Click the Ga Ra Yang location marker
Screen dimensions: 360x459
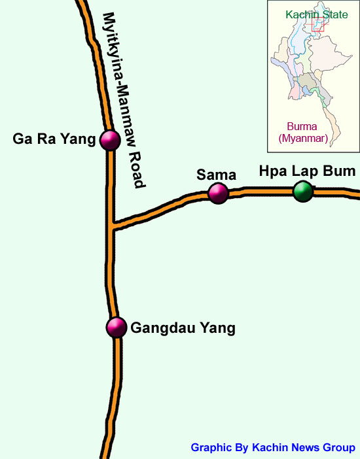click(x=109, y=139)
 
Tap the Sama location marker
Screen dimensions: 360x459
click(x=218, y=193)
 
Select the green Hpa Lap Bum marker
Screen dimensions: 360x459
click(x=302, y=192)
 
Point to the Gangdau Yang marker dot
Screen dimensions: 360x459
click(x=117, y=327)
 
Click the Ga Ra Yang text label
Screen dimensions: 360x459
click(x=54, y=139)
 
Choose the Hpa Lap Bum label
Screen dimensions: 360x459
click(x=306, y=172)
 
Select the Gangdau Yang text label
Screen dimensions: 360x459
click(x=183, y=328)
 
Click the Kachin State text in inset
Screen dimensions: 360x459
click(x=316, y=14)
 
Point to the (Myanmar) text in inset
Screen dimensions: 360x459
click(x=303, y=139)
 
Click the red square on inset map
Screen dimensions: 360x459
click(x=318, y=24)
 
